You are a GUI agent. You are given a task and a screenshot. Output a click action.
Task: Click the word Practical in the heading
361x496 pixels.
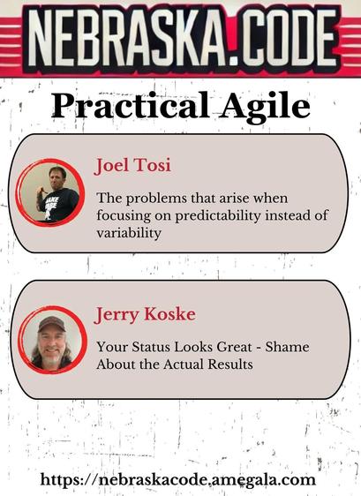point(130,105)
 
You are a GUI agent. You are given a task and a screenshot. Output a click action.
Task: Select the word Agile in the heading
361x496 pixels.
point(265,106)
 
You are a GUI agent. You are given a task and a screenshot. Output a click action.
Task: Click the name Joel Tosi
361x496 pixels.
point(132,165)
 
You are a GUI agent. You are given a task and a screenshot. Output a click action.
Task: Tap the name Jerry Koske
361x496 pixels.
point(145,315)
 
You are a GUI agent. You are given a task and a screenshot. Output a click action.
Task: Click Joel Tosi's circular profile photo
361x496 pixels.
point(50,193)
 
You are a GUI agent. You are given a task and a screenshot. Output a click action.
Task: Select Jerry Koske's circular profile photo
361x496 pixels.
point(52,340)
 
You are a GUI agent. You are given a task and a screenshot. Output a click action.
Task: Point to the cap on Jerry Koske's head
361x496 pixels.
point(51,324)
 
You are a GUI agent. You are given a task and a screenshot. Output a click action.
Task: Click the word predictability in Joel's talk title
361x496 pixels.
point(218,216)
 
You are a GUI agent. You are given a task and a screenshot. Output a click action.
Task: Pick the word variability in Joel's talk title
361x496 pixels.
point(129,233)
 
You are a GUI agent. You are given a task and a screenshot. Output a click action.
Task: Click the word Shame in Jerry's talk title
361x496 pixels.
point(287,347)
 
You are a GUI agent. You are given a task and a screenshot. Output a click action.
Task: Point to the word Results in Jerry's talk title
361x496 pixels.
point(230,364)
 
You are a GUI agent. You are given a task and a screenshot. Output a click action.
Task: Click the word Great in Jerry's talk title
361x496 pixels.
point(235,347)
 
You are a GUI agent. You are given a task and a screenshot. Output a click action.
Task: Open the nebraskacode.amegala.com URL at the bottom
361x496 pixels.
point(177,480)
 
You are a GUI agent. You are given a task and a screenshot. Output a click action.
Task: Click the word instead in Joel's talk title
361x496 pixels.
point(285,215)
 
